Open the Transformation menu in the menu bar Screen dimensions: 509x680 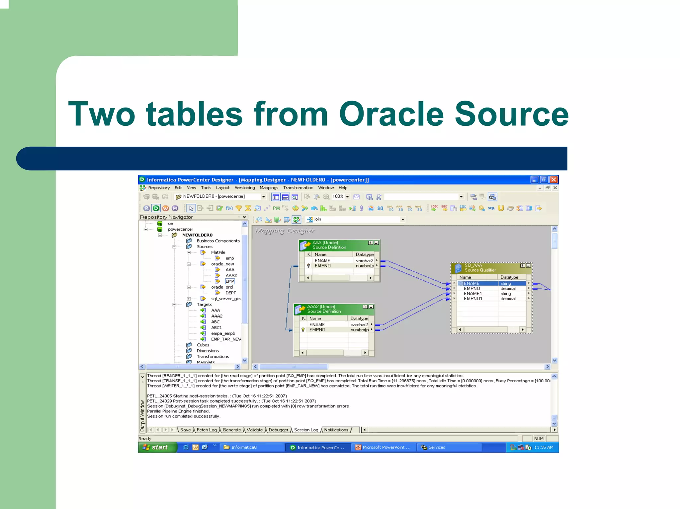[x=298, y=188]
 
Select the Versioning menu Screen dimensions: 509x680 [x=245, y=188]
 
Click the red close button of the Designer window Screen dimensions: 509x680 [x=553, y=180]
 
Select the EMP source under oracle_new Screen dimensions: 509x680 [x=230, y=281]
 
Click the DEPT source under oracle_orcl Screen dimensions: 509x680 [x=230, y=293]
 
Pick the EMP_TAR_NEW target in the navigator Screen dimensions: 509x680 [x=226, y=339]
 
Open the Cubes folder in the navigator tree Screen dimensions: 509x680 [x=203, y=345]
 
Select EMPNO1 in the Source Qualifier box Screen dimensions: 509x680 [x=473, y=299]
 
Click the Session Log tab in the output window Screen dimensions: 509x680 [x=306, y=430]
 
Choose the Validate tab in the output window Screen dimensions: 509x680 [x=255, y=430]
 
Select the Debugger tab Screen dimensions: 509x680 [x=278, y=430]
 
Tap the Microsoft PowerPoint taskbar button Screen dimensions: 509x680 [x=383, y=447]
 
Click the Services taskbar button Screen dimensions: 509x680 [x=436, y=447]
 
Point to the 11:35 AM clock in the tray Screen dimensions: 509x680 [x=544, y=447]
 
